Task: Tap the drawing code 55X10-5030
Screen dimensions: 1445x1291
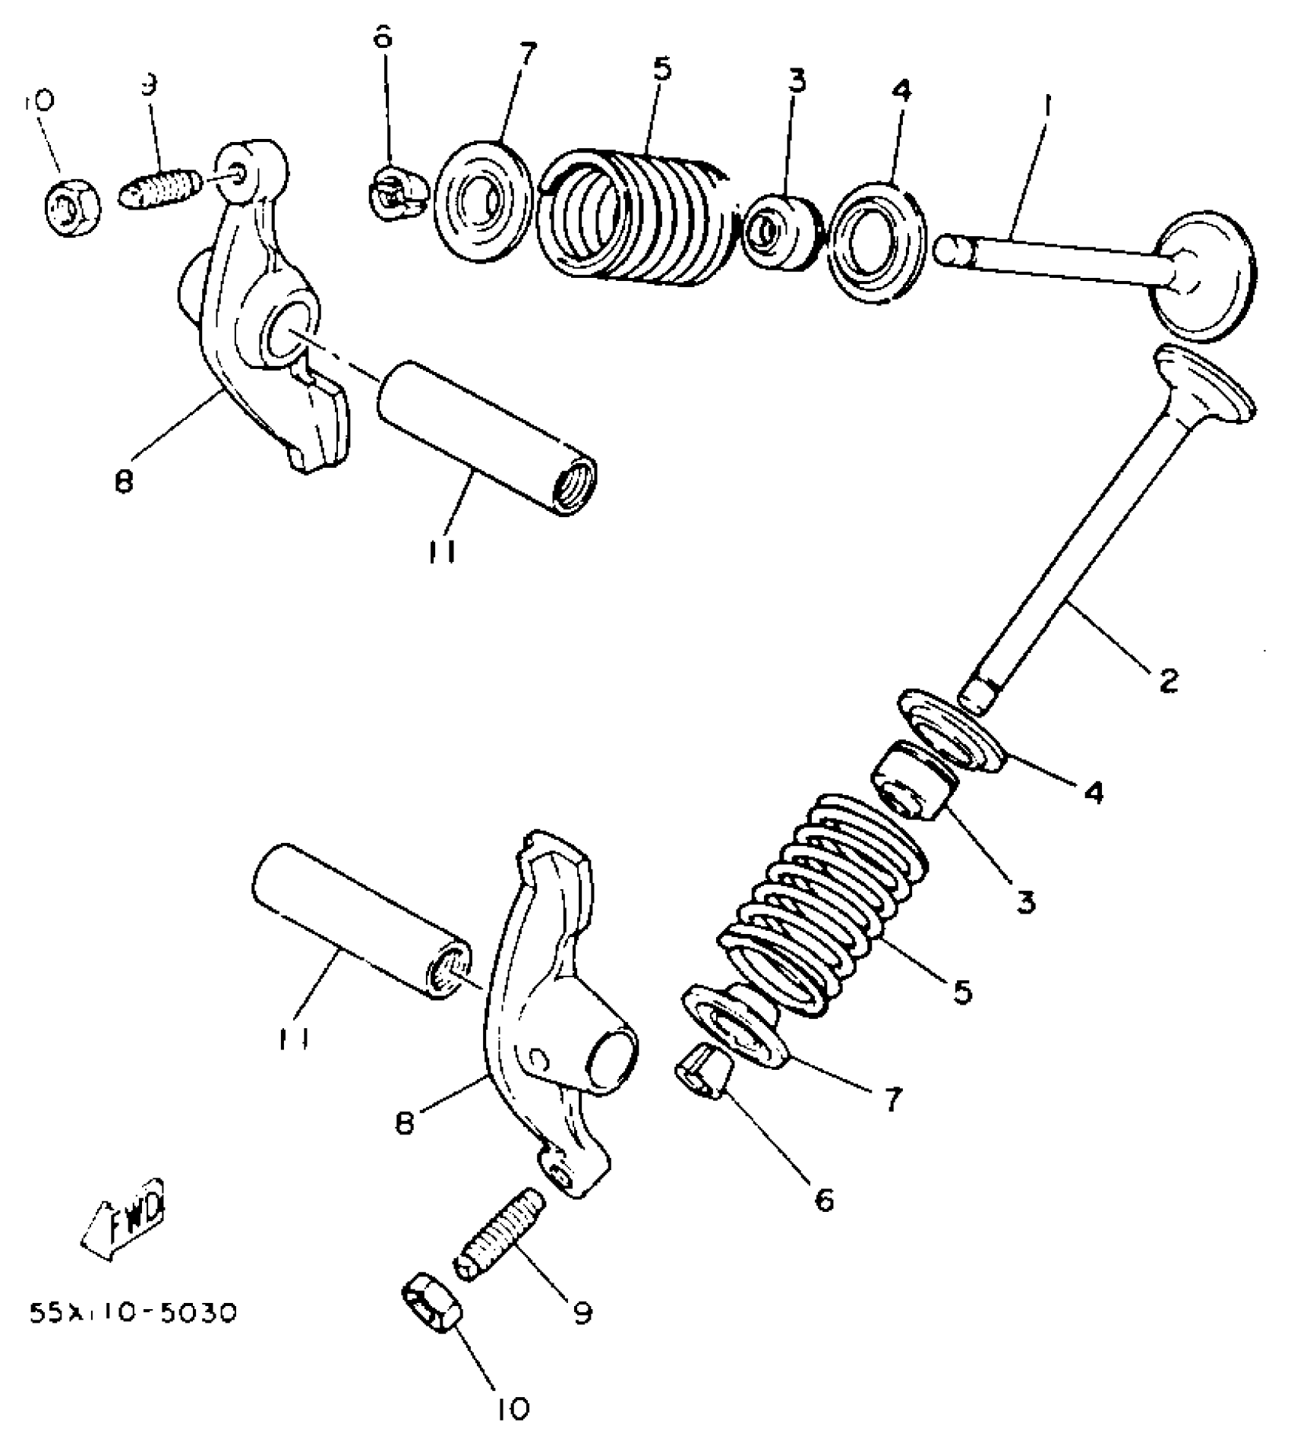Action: [x=134, y=1312]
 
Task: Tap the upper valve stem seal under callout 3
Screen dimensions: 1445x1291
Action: [x=781, y=231]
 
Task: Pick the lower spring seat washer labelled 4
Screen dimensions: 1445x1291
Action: [x=952, y=731]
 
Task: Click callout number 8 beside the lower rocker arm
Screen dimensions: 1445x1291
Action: [x=405, y=1123]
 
